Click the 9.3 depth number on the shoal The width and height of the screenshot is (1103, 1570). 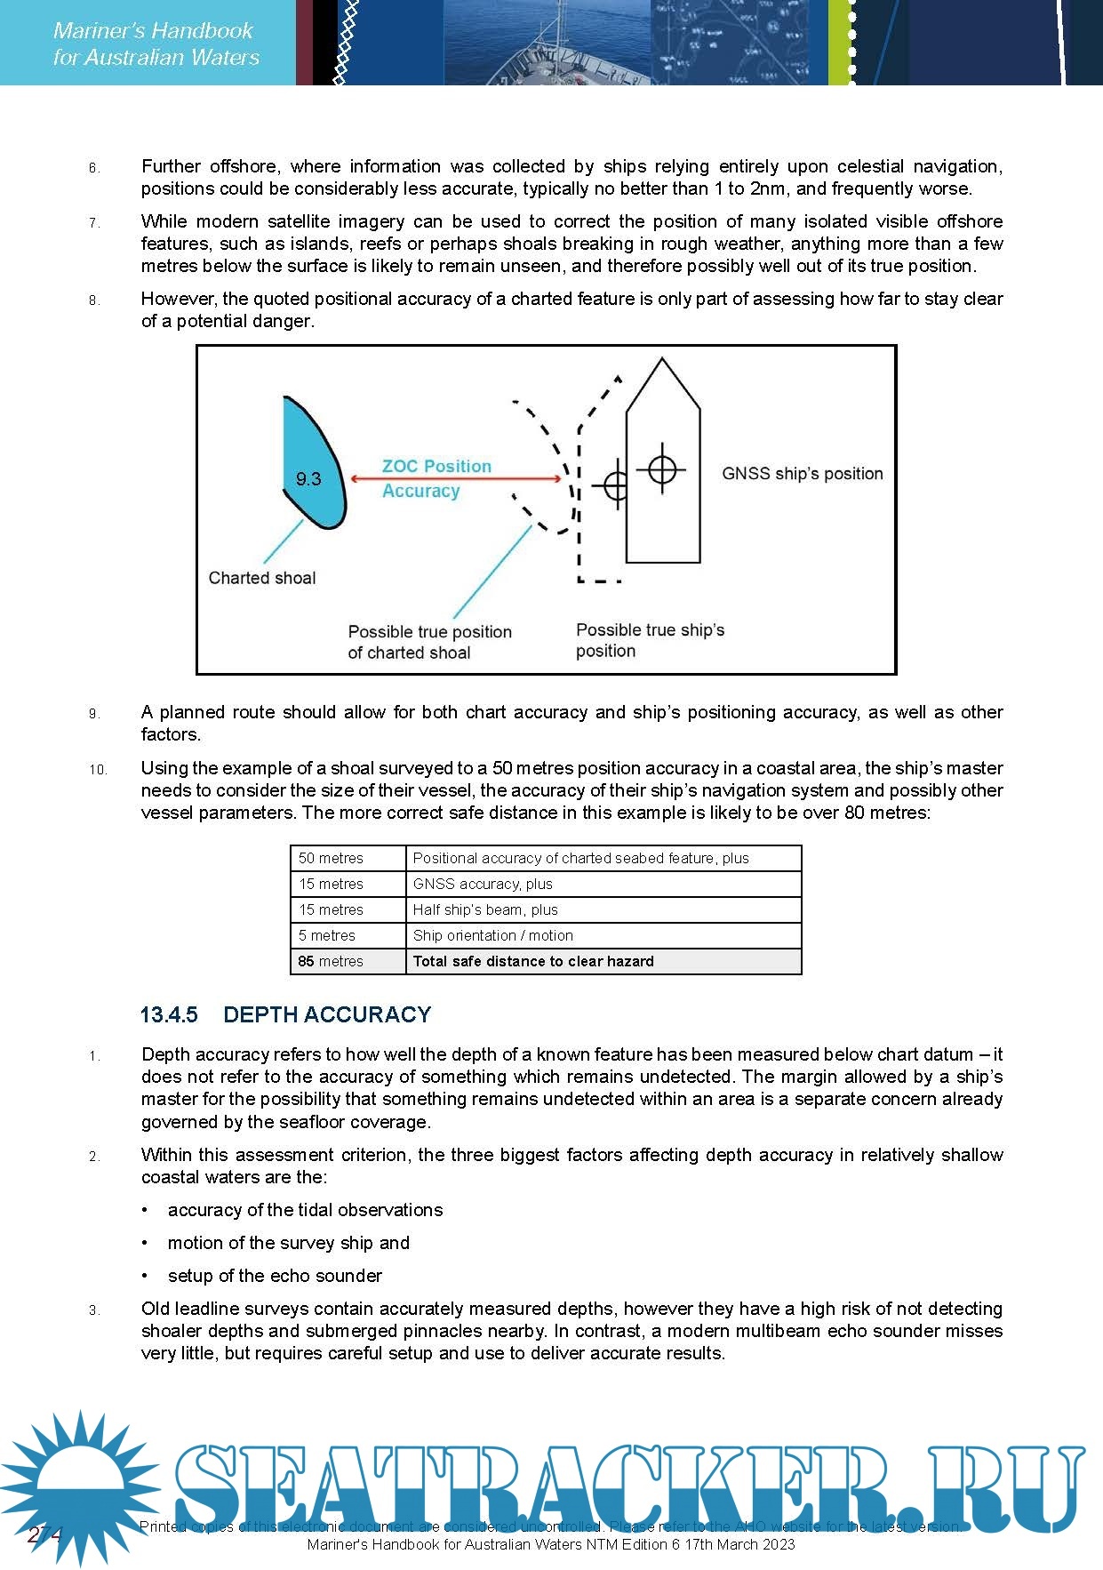click(308, 479)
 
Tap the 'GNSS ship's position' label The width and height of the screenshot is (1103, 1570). click(802, 474)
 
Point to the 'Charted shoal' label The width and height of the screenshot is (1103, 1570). click(262, 578)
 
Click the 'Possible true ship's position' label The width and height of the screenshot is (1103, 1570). click(650, 640)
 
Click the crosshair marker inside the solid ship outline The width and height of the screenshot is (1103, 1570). click(662, 469)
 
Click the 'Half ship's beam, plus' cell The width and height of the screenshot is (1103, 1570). click(485, 909)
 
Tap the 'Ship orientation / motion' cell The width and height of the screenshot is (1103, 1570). click(493, 935)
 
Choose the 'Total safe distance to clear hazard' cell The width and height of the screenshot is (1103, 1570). click(533, 961)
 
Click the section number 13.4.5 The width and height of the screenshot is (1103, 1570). click(169, 1014)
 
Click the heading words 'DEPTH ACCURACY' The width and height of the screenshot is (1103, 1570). click(327, 1014)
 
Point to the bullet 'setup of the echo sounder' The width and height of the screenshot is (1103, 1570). click(275, 1276)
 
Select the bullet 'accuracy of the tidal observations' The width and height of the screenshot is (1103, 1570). click(305, 1210)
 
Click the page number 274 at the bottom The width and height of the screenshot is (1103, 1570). click(44, 1534)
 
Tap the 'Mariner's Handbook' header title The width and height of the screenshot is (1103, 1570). click(154, 31)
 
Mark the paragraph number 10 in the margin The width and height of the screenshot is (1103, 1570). click(98, 770)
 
